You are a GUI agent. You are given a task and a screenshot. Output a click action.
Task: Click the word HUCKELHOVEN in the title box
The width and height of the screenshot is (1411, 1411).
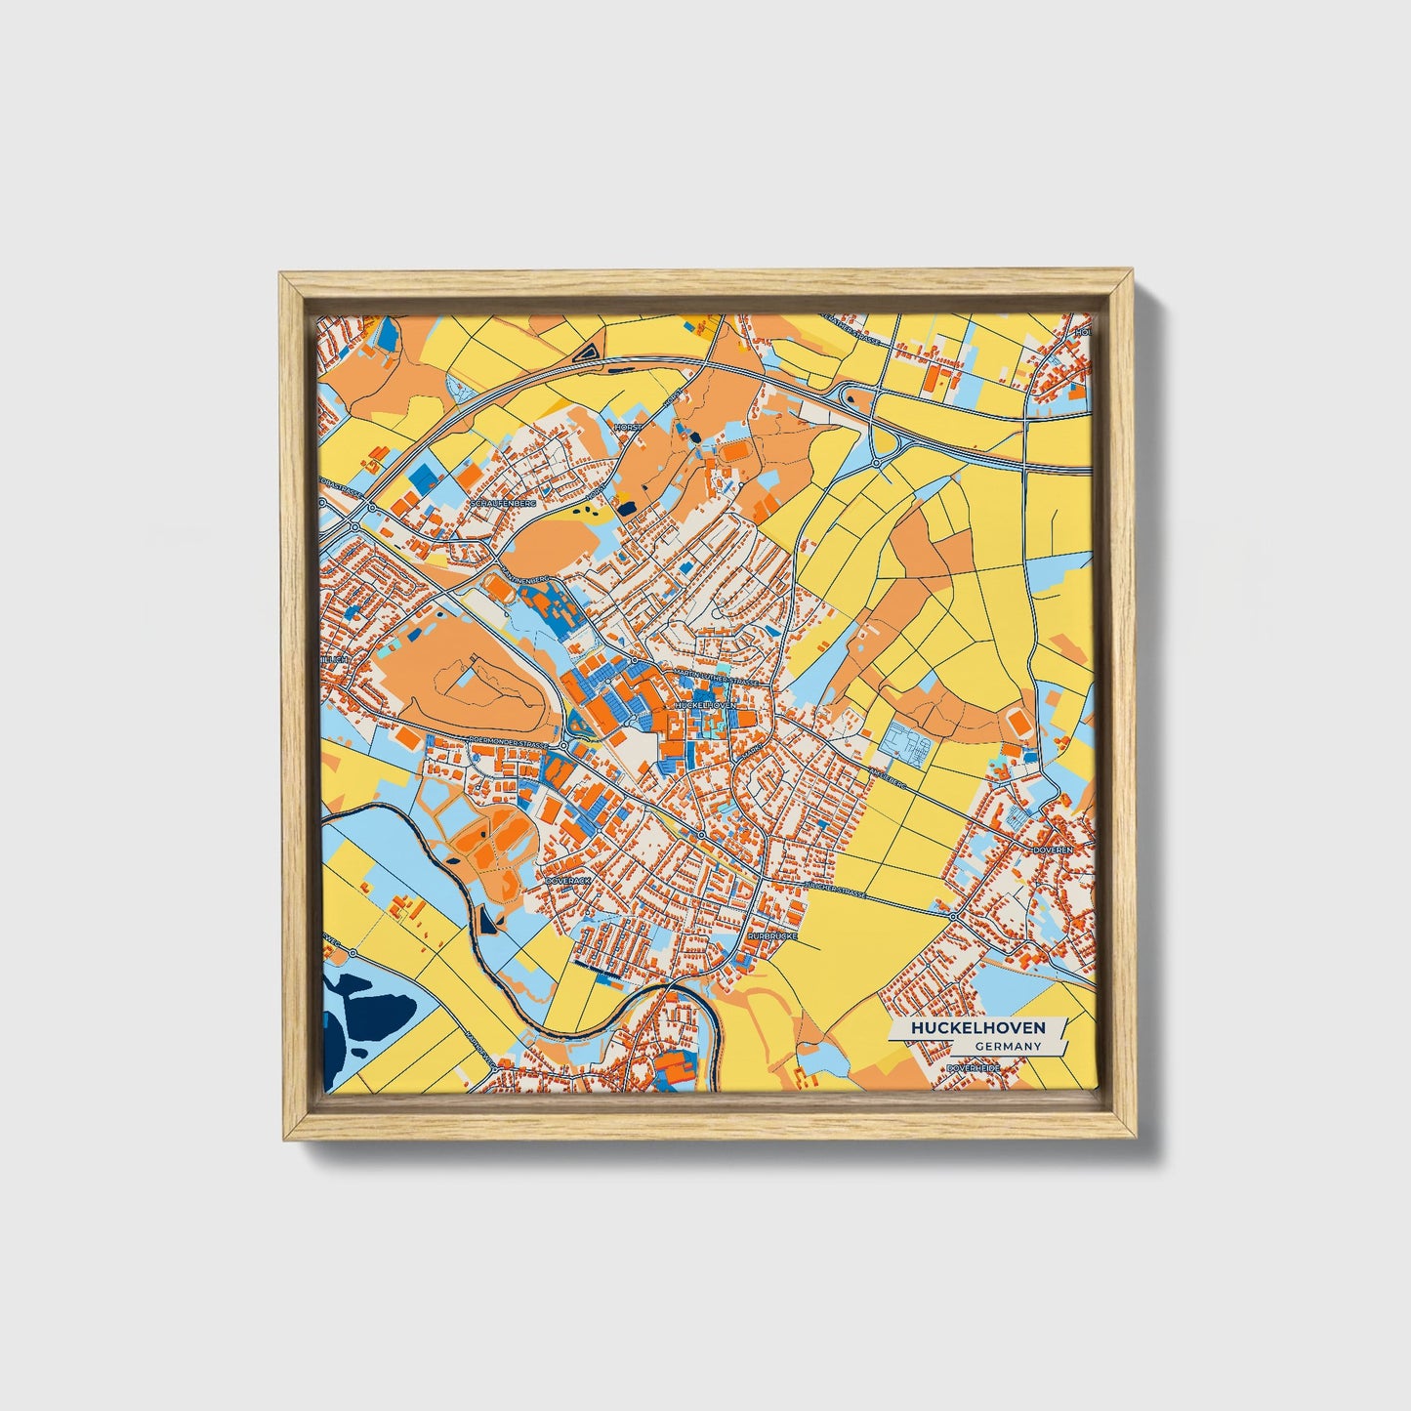tap(977, 1028)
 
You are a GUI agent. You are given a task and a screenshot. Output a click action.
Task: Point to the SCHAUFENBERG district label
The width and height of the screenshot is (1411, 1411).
tap(503, 503)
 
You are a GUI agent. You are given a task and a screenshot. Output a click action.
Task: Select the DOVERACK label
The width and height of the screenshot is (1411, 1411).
tap(568, 880)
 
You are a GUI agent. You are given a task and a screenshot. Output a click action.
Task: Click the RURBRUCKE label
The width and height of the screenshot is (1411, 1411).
tap(771, 935)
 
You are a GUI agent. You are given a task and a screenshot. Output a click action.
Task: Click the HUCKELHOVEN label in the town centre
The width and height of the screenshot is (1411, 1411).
tap(703, 703)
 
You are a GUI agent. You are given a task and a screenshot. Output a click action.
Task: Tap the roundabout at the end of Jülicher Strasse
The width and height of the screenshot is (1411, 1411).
tap(953, 917)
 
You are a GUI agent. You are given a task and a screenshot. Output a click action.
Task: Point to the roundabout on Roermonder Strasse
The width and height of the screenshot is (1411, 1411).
tap(564, 746)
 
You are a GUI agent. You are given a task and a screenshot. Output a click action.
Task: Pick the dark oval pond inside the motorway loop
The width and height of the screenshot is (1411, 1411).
tap(849, 395)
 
